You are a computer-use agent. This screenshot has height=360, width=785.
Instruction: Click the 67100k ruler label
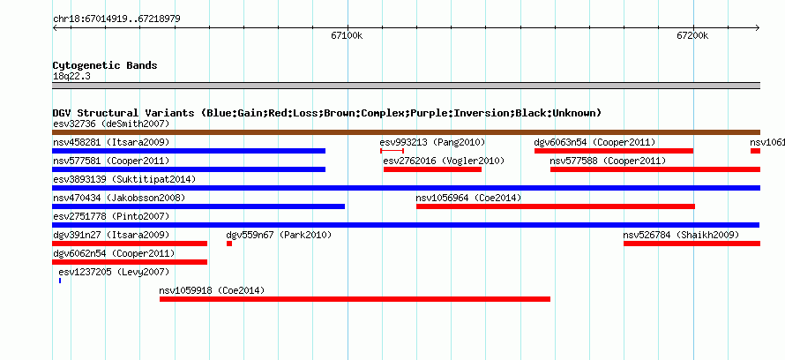click(347, 35)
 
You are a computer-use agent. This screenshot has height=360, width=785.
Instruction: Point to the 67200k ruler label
click(693, 35)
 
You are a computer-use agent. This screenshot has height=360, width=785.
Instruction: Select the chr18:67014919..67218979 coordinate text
click(116, 19)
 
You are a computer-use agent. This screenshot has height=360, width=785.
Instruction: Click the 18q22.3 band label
click(71, 76)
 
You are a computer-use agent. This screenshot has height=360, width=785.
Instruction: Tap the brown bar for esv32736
click(406, 132)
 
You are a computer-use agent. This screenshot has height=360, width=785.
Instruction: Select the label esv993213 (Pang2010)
click(432, 142)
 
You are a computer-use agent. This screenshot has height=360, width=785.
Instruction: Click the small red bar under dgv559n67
click(229, 244)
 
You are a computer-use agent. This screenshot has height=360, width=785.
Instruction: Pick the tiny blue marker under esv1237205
click(60, 281)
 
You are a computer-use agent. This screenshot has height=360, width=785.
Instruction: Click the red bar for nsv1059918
click(355, 299)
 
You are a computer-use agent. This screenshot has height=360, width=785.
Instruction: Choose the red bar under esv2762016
click(432, 169)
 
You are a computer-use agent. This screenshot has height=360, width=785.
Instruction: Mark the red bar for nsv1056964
click(556, 206)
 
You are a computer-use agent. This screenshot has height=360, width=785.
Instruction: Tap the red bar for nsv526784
click(692, 244)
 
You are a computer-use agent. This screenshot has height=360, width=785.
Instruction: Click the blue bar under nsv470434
click(198, 206)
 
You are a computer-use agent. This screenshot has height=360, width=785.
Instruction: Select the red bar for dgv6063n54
click(614, 151)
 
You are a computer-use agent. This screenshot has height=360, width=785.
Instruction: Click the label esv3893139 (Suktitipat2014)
click(124, 179)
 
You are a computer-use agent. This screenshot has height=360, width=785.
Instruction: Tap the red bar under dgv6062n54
click(130, 262)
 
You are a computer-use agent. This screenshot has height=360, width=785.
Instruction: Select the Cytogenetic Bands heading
click(105, 65)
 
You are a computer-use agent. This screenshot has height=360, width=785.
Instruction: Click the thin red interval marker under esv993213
click(392, 151)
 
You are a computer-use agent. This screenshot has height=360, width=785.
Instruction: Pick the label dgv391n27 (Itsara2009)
click(111, 235)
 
